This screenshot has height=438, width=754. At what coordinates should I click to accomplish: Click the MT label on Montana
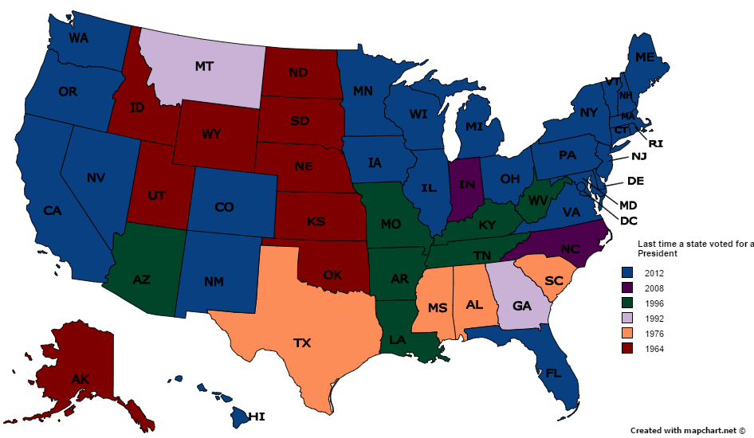[204, 67]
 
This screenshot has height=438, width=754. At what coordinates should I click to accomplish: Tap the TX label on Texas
[302, 343]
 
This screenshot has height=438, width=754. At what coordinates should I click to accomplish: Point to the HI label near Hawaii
[256, 416]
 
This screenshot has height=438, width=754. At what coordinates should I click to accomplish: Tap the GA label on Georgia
[523, 307]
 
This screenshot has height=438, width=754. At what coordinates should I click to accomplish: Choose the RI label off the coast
[656, 144]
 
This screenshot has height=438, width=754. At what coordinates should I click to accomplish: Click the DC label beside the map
[630, 220]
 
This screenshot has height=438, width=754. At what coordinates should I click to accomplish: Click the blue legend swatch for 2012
[627, 273]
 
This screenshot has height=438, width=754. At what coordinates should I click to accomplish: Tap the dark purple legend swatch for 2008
[627, 288]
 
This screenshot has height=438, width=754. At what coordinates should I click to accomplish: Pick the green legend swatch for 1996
[627, 303]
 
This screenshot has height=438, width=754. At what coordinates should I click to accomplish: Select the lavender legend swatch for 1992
[627, 319]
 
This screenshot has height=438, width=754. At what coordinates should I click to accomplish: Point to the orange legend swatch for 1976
[627, 334]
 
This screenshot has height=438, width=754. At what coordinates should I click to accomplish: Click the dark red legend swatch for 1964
[627, 349]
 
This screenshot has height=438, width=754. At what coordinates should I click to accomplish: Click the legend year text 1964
[655, 349]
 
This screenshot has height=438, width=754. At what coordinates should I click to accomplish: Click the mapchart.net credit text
[688, 430]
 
